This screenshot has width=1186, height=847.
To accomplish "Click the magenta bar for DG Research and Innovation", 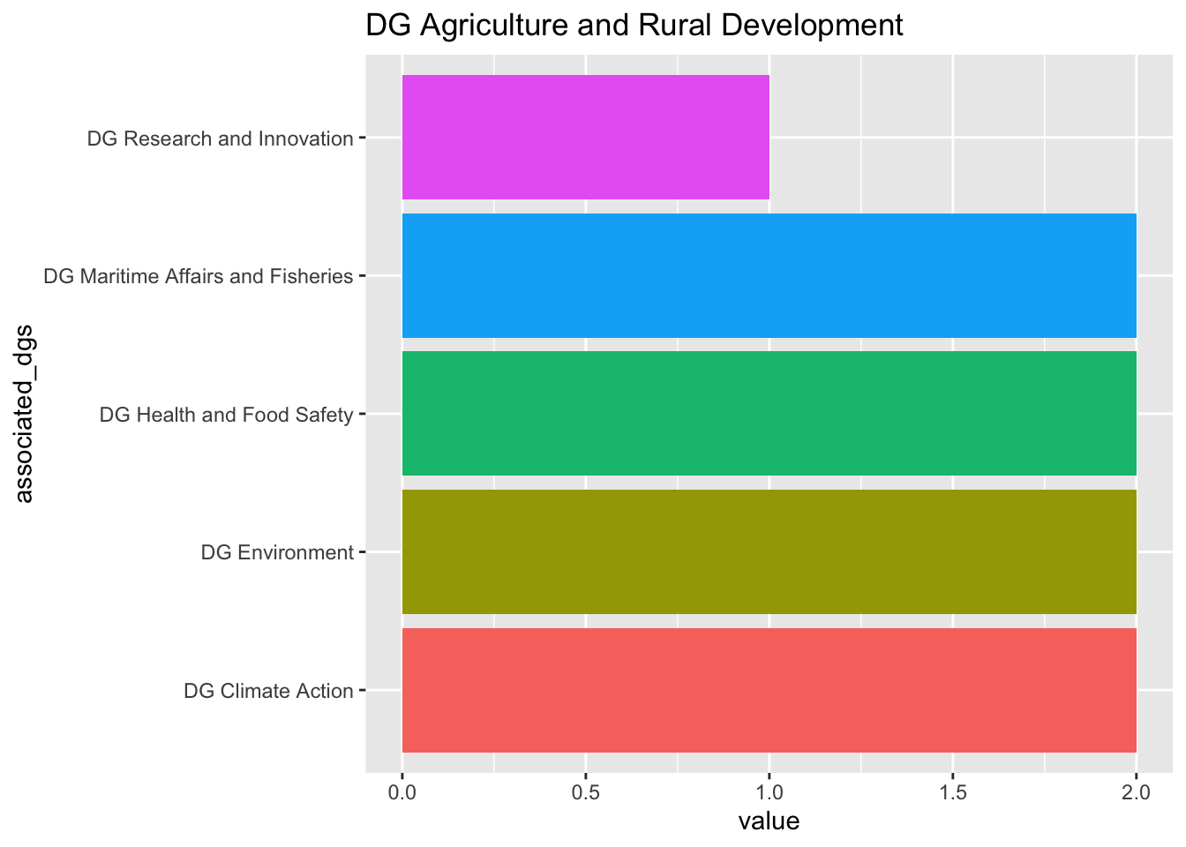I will point(585,137).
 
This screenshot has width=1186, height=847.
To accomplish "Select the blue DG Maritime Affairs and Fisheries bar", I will point(769,275).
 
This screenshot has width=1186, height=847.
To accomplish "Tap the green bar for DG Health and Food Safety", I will point(769,413).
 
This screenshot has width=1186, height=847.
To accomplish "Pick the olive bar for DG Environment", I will point(769,551).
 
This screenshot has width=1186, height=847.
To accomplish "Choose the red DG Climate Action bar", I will point(769,690).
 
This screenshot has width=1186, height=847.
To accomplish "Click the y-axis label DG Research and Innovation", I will point(221,139).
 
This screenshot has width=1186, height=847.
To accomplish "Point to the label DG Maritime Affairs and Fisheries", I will point(199,276).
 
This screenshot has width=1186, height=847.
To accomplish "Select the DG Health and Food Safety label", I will point(227,415).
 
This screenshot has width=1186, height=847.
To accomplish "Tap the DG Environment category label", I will point(277,553).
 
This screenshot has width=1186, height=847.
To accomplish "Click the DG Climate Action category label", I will point(268,691).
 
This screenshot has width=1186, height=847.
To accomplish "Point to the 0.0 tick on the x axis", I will point(402,792).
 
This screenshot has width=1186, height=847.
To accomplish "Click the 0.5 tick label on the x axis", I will point(586,792).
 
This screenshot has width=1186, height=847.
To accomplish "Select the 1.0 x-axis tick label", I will point(769,792).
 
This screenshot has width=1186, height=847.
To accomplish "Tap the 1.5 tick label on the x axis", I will point(953,792).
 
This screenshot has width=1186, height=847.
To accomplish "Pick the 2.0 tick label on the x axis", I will point(1137,792).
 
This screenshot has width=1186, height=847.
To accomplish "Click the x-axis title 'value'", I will point(769,822).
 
